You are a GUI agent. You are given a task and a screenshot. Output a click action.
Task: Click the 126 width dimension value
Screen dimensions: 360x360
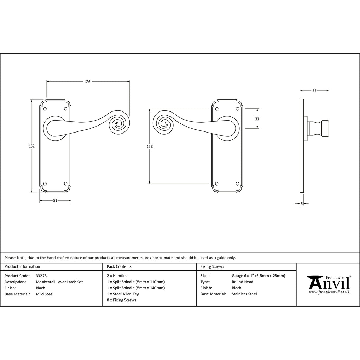87,82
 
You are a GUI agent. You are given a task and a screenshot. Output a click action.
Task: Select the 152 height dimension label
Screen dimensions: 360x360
32,146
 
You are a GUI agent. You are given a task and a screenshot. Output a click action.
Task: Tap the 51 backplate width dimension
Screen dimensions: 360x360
55,200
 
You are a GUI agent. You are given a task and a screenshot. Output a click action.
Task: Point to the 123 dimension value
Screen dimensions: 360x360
150,146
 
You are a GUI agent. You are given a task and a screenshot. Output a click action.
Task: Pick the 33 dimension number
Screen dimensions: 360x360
257,119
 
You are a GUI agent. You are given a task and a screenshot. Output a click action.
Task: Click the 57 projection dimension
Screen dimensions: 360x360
314,90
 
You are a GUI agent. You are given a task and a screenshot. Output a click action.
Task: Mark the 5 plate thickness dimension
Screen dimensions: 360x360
302,203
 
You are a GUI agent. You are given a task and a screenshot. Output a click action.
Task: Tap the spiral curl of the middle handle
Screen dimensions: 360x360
164,124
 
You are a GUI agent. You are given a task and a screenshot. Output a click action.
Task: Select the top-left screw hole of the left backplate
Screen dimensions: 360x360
45,109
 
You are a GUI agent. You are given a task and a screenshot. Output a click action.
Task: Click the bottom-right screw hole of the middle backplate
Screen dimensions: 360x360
237,184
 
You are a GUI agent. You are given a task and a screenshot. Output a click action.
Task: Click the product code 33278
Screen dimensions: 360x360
41,276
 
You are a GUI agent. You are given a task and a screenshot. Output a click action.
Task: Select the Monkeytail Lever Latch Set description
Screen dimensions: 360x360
59,282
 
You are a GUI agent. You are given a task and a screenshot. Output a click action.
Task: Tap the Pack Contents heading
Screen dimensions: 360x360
119,266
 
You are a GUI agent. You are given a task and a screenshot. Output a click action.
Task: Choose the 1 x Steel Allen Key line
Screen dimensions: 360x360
123,294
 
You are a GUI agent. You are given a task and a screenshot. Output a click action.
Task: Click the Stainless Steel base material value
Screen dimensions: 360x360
244,294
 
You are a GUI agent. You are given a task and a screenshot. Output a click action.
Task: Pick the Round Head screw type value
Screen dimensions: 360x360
243,282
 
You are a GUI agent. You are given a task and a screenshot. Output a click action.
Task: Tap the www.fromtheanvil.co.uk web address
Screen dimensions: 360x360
329,292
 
